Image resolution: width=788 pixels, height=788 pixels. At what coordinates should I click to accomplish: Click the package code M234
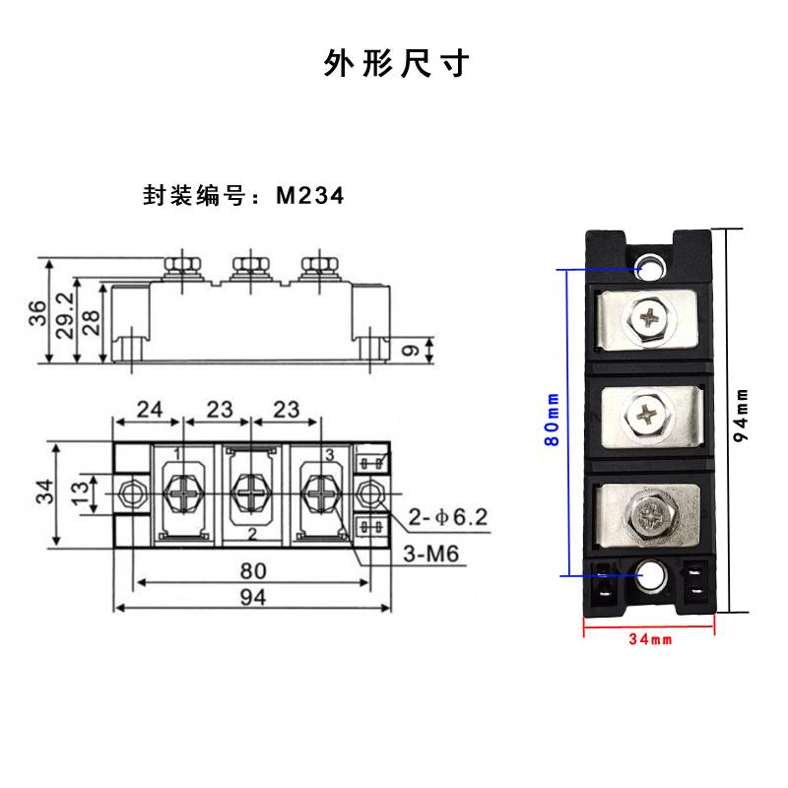coord(309,195)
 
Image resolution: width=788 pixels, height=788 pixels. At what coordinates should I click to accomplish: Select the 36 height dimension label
coord(36,312)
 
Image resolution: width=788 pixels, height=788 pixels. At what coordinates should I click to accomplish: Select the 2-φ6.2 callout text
coord(446,516)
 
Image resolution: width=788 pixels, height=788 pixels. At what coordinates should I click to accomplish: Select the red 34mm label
coord(650,639)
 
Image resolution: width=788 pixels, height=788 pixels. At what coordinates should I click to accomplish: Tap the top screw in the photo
coord(650,317)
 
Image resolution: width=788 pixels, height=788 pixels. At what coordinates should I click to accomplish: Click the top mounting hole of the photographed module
coord(651,266)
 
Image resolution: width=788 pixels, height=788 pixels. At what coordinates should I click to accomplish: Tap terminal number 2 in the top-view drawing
coord(253,534)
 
